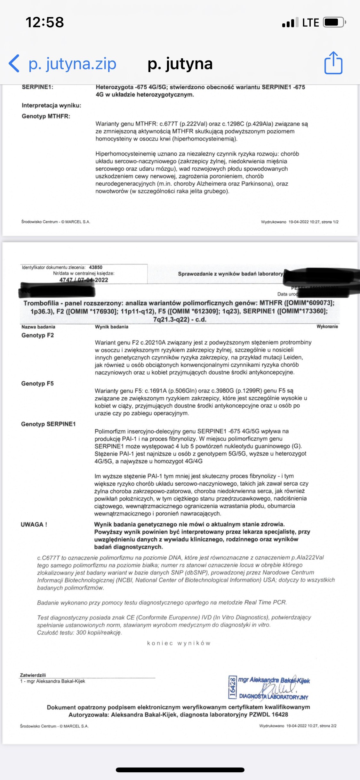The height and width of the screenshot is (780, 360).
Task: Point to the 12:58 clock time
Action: coord(45,22)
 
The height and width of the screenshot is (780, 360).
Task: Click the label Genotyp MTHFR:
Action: coord(46,116)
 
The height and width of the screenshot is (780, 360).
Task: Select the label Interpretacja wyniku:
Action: coord(52,105)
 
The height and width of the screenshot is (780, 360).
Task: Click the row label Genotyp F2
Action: coord(37,335)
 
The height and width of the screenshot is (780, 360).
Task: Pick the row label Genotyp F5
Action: coord(37,383)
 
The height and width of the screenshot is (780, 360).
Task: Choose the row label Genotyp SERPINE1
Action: coord(48,424)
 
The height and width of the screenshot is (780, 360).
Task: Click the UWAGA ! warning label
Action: coord(34,524)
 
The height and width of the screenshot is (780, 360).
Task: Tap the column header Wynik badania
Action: coord(111,327)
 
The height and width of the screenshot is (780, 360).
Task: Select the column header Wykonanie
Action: coord(327,326)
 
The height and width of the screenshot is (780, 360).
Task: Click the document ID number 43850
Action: coord(96,267)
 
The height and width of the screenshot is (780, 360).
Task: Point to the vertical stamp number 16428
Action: coord(233,687)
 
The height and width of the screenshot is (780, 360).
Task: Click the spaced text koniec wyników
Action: coord(179,643)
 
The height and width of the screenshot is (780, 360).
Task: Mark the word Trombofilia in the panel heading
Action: coord(41,303)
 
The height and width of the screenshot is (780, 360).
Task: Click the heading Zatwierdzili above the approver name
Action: coord(33,675)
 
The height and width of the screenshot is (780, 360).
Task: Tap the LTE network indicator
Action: coord(310,23)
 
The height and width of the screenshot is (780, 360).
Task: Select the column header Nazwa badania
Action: coord(38,327)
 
